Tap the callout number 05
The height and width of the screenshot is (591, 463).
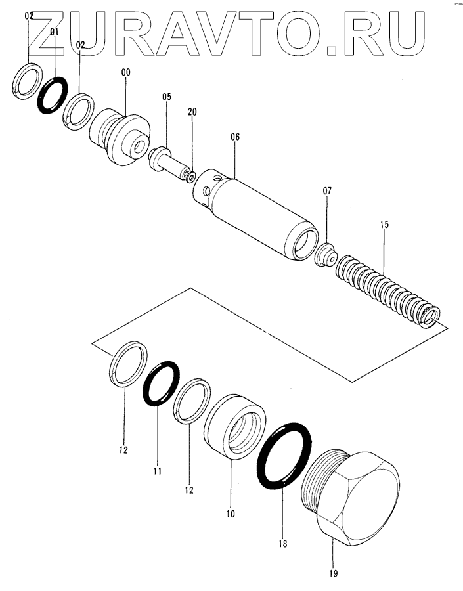click(x=167, y=97)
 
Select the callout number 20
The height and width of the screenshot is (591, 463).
click(x=192, y=112)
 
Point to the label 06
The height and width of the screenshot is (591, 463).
click(x=235, y=137)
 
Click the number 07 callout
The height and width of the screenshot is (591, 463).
click(x=327, y=191)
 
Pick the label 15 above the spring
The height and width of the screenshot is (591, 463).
click(x=384, y=225)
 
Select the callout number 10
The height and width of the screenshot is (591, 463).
click(x=231, y=513)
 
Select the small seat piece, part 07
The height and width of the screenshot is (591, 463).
click(x=324, y=252)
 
